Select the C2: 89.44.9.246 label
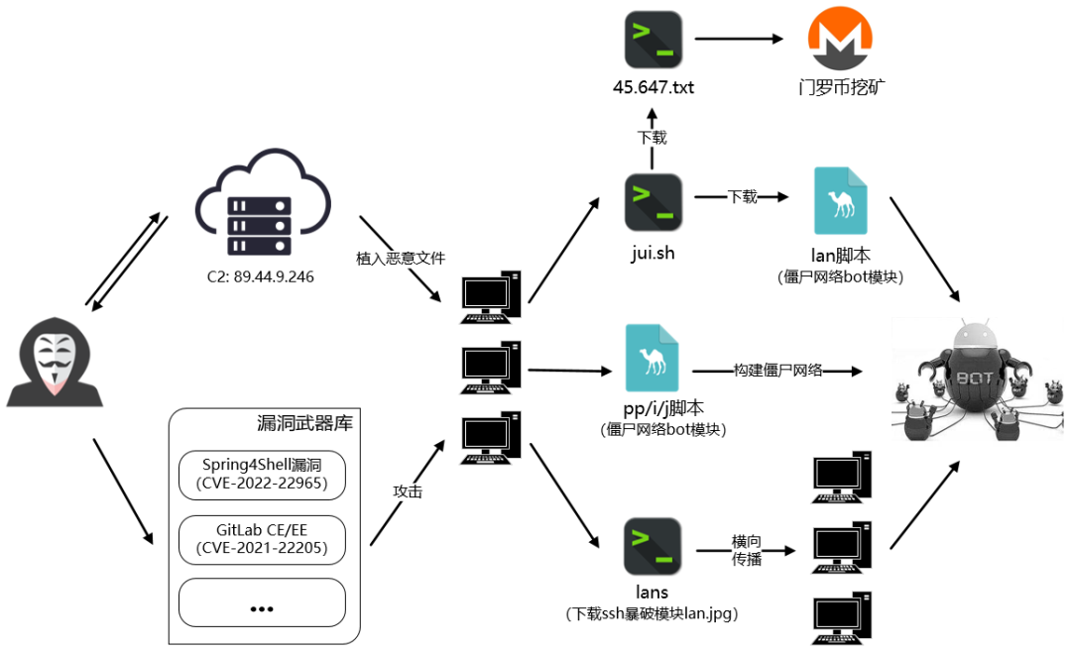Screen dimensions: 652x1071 (x=255, y=276)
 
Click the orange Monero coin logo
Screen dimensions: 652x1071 (x=841, y=40)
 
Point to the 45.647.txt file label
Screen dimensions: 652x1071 (x=653, y=87)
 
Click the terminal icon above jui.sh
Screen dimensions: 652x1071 (x=653, y=202)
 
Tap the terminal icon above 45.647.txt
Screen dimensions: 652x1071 (x=653, y=40)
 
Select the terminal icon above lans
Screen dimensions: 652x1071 (x=653, y=547)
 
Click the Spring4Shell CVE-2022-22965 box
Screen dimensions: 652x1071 (x=262, y=476)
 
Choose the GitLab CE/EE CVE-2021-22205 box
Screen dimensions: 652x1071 (x=262, y=539)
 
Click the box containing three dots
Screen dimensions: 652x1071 (x=262, y=602)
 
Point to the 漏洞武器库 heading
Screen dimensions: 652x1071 (x=304, y=423)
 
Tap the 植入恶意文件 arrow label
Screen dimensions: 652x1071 (x=401, y=259)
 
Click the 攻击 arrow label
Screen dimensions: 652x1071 (x=408, y=490)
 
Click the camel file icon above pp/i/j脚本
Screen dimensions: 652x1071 (x=653, y=358)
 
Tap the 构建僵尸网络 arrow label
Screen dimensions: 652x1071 (x=777, y=371)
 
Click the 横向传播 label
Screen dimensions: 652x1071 (x=747, y=549)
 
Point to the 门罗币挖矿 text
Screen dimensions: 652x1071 (x=841, y=87)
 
